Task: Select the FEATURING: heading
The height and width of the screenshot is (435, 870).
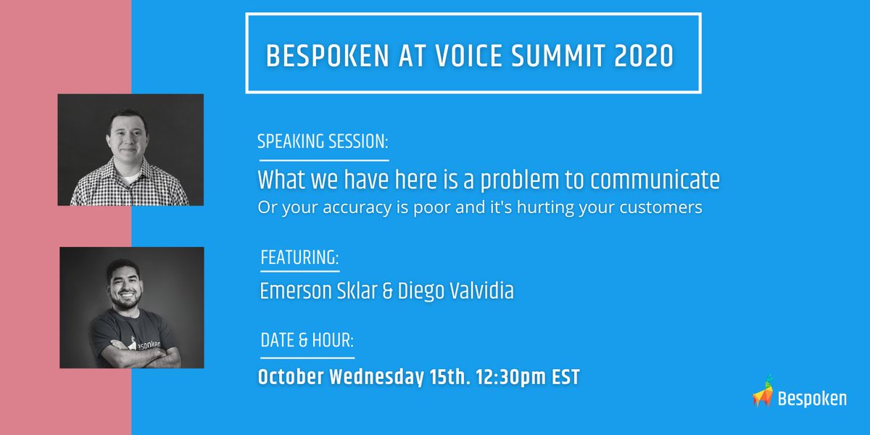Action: tap(299, 258)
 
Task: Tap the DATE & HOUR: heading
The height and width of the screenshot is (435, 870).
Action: tap(307, 341)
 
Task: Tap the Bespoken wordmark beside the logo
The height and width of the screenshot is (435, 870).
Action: tap(812, 398)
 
